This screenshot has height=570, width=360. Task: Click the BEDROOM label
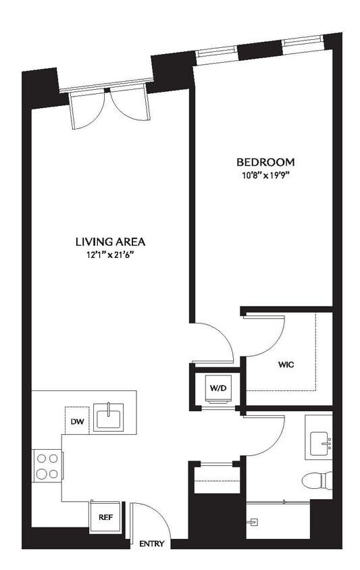265,162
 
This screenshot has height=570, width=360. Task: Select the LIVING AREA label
110,241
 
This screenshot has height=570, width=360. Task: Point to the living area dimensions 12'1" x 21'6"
110,255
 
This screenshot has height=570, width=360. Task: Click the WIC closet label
286,364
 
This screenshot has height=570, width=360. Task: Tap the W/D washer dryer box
217,388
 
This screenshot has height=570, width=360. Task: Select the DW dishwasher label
76,421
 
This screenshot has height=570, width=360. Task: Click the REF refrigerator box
105,517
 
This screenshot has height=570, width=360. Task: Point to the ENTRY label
151,544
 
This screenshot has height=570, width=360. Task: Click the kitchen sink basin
108,417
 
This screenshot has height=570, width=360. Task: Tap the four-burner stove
47,465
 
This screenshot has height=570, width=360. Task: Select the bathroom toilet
317,481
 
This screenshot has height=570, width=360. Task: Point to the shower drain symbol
254,521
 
